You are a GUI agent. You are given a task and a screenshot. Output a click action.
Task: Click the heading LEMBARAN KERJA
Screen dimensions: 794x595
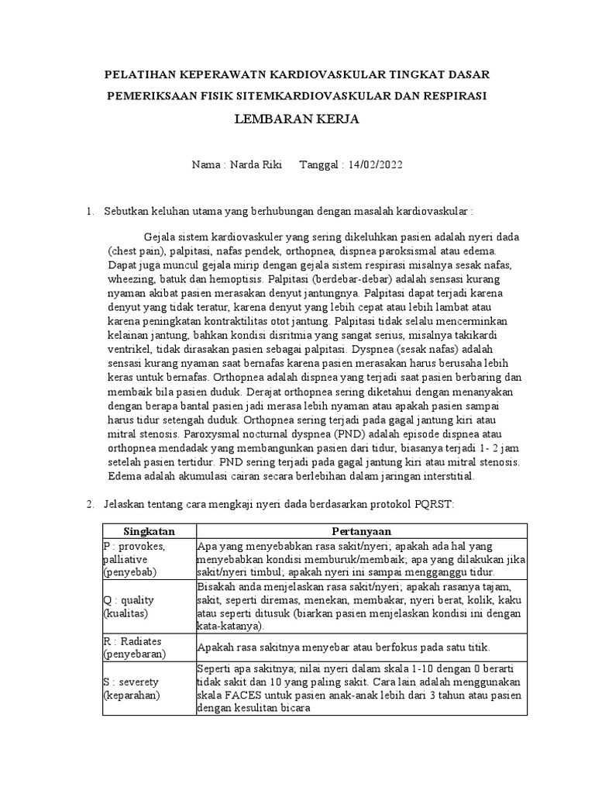click(x=297, y=120)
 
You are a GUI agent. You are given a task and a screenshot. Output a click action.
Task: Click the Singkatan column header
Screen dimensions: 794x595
click(x=150, y=531)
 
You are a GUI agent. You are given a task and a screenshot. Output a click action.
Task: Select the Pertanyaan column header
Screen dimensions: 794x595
click(x=360, y=531)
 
